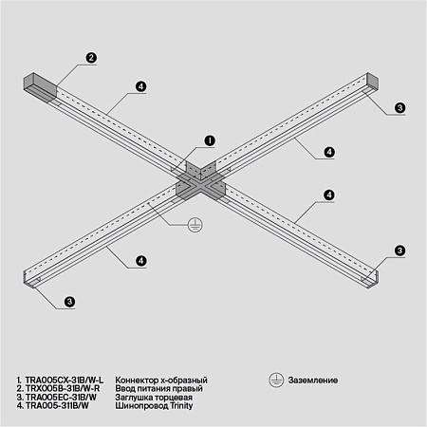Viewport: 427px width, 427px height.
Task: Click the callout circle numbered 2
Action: (x=91, y=58)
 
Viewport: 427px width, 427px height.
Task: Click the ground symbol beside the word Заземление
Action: (x=274, y=380)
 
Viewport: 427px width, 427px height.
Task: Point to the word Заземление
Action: (x=314, y=380)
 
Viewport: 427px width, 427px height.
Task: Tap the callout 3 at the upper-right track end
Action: (x=400, y=108)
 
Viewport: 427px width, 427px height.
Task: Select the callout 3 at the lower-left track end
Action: (x=70, y=302)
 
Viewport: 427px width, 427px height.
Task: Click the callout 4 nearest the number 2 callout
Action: (x=140, y=86)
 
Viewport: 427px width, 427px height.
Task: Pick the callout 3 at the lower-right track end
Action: (x=400, y=251)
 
